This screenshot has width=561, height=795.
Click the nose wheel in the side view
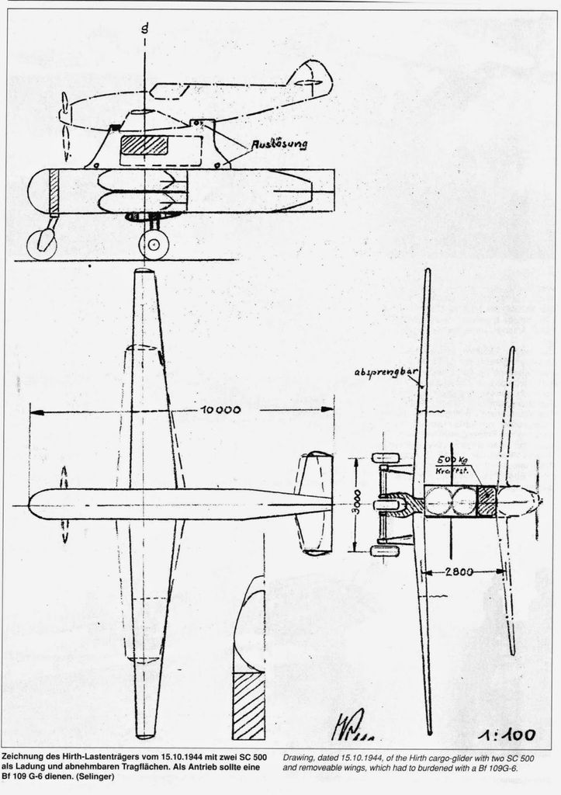point(41,245)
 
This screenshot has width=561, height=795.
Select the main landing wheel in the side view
point(154,245)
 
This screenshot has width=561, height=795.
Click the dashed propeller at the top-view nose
point(63,504)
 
